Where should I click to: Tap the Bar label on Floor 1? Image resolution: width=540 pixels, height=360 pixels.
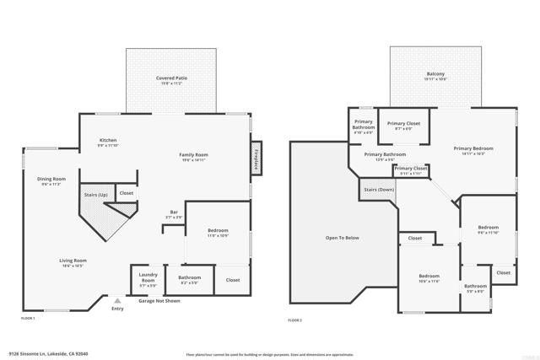coord(172,215)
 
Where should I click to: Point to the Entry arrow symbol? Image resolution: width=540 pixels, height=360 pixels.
coord(117,299)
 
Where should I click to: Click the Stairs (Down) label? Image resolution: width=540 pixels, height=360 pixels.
coord(378,190)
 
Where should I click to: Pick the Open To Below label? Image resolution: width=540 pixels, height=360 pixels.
coord(343,238)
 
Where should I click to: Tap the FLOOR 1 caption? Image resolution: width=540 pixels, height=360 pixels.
coord(28,318)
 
